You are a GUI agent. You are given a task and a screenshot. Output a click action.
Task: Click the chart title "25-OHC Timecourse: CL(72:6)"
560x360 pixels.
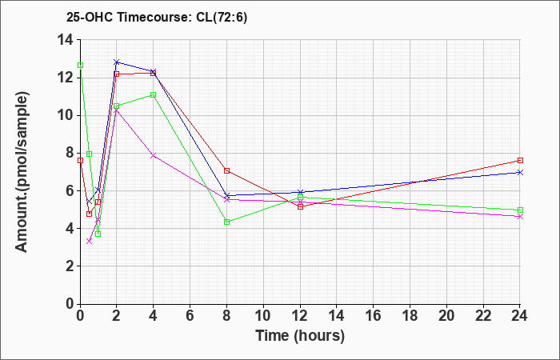click(x=157, y=17)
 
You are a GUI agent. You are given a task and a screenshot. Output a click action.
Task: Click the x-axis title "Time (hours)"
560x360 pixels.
click(x=300, y=336)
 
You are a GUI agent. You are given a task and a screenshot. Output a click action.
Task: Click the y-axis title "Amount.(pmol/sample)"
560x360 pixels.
click(x=22, y=172)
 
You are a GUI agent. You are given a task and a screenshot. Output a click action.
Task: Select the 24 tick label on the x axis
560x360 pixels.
click(x=519, y=316)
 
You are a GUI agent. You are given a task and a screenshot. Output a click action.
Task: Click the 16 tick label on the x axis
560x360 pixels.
click(x=374, y=316)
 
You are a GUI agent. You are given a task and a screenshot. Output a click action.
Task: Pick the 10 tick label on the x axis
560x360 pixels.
click(x=263, y=316)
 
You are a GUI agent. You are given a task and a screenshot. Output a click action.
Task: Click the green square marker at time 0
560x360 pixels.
click(x=80, y=65)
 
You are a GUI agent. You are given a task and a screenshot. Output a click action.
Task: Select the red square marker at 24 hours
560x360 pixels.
click(x=520, y=160)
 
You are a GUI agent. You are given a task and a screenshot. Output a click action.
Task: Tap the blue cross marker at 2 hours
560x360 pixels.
click(x=117, y=62)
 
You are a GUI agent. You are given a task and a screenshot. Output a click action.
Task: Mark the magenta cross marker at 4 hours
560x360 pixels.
click(x=154, y=155)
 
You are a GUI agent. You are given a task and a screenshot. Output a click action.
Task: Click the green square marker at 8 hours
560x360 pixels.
click(x=226, y=222)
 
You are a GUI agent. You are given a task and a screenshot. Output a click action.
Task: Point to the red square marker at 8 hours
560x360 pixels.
click(x=226, y=170)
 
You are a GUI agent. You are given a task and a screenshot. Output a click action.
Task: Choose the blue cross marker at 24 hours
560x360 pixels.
click(x=520, y=172)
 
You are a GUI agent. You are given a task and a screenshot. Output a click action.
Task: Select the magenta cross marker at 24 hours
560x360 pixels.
click(x=520, y=217)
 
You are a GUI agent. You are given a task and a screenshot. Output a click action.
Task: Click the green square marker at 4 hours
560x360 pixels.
click(x=154, y=94)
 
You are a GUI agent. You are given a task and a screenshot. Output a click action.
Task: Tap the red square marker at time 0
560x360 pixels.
click(x=80, y=160)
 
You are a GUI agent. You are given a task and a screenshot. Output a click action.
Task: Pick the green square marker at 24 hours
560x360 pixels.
click(x=520, y=210)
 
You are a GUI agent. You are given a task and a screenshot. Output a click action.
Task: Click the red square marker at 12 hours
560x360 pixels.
click(x=300, y=206)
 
